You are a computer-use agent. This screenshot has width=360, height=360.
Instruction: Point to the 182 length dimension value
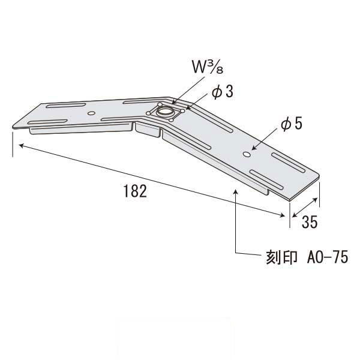[x=134, y=191]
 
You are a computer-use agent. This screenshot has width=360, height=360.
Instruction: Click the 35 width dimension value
[x=308, y=221]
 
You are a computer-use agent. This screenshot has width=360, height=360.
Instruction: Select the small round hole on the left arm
[x=91, y=112]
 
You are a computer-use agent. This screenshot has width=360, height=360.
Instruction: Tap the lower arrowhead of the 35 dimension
[x=292, y=215]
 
